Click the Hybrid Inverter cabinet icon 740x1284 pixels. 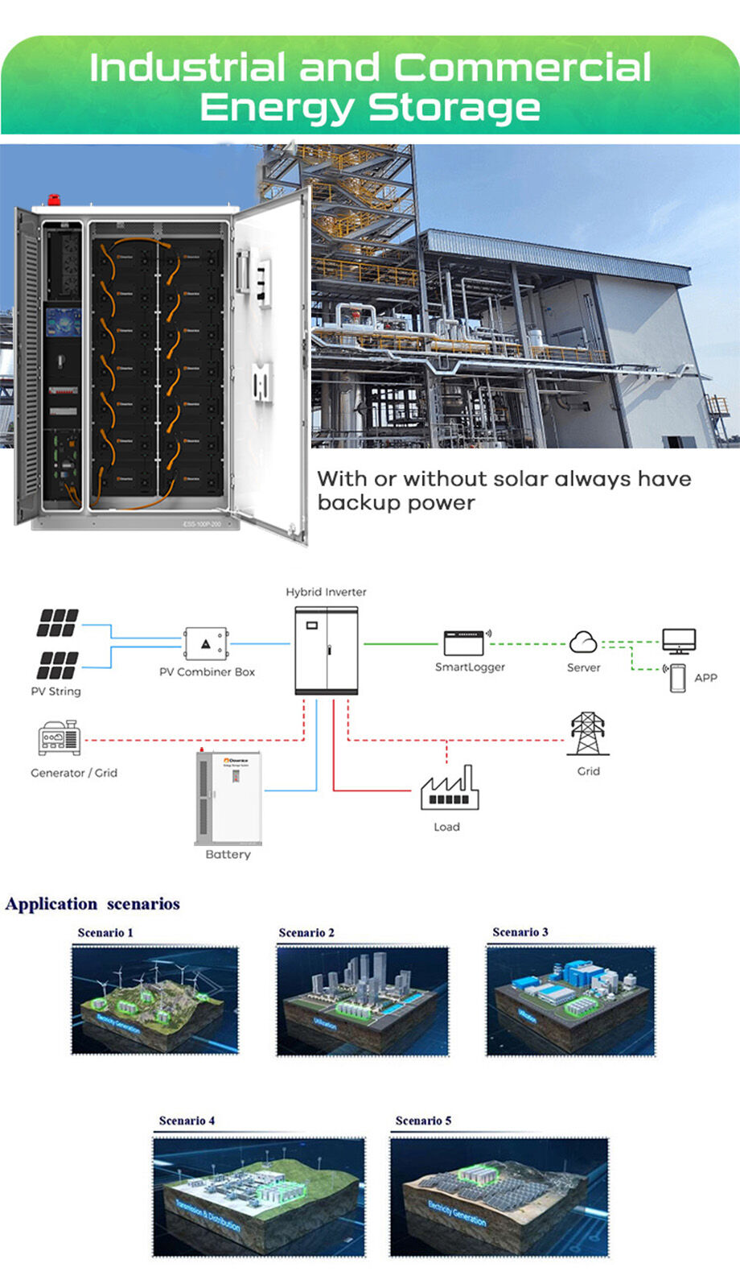(x=327, y=650)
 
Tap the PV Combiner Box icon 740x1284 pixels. (x=206, y=644)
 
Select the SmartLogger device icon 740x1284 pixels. (x=466, y=643)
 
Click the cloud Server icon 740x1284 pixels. (x=583, y=642)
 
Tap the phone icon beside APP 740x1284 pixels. (x=677, y=678)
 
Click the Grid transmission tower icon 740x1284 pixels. (x=588, y=733)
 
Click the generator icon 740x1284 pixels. (x=60, y=738)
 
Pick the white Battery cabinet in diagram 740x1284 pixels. (x=228, y=797)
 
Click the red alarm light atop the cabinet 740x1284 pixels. (x=54, y=200)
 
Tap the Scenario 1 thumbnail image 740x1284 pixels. (x=155, y=1000)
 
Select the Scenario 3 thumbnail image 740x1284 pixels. (x=570, y=1001)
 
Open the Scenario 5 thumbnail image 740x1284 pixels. (x=499, y=1196)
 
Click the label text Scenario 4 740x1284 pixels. (x=187, y=1121)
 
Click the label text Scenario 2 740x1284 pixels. (x=306, y=932)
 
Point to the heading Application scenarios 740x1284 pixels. (x=92, y=904)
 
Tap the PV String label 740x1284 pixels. (x=55, y=691)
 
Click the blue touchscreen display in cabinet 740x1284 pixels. (x=64, y=322)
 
